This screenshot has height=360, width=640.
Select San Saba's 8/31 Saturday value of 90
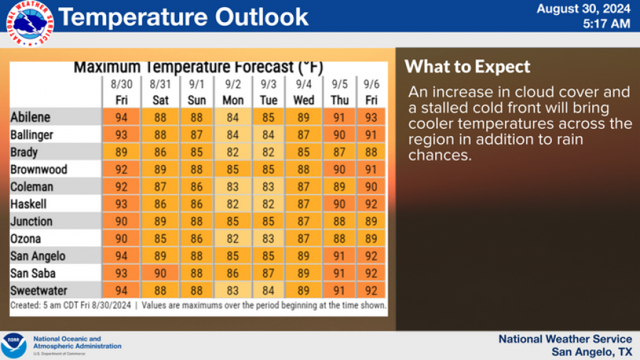click(x=161, y=272)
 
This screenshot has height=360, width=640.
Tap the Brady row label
click(x=24, y=152)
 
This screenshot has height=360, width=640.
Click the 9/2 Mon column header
click(x=233, y=92)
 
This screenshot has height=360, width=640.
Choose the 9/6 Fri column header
click(x=371, y=92)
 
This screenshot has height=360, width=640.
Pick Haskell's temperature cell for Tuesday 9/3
click(x=269, y=204)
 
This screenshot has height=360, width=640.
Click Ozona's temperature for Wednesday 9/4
click(x=304, y=238)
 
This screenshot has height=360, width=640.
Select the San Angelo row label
click(x=38, y=256)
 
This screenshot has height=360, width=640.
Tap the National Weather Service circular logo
click(x=29, y=24)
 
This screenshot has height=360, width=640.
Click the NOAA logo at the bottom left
click(x=14, y=346)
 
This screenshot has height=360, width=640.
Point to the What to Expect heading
click(x=467, y=67)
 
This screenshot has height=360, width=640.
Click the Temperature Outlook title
click(x=183, y=16)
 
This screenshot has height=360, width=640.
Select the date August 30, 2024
click(x=583, y=9)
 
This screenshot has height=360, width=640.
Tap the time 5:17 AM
click(x=606, y=24)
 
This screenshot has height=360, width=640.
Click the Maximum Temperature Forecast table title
click(x=198, y=68)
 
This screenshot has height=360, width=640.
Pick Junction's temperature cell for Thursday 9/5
click(x=339, y=221)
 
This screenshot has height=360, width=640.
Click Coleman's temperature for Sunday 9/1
click(x=197, y=186)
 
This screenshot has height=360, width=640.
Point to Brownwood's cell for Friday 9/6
click(x=371, y=169)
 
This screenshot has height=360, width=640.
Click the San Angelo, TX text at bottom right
click(x=592, y=352)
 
